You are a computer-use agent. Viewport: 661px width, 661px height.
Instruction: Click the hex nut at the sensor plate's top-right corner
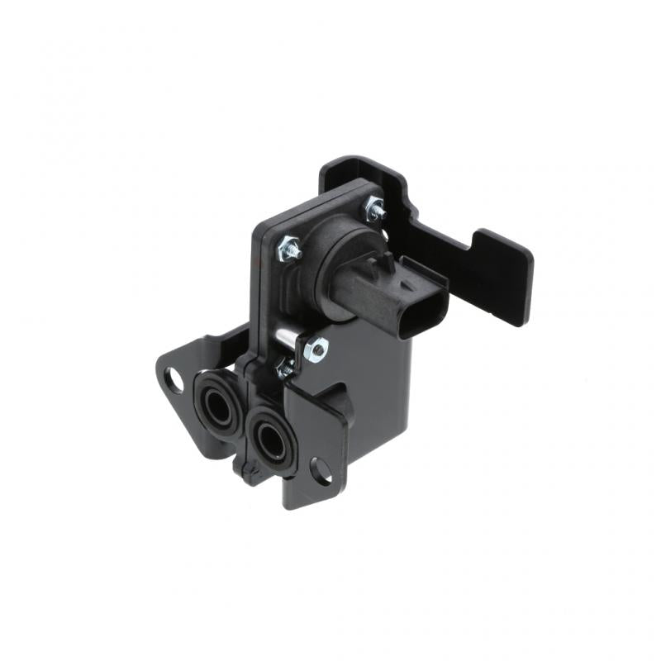[x=376, y=210]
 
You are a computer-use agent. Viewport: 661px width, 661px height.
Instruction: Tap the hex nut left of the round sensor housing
[x=291, y=246]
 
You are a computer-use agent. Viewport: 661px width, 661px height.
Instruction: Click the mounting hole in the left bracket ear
[x=174, y=379]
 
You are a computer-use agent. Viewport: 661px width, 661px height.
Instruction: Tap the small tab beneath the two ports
[x=248, y=473]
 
